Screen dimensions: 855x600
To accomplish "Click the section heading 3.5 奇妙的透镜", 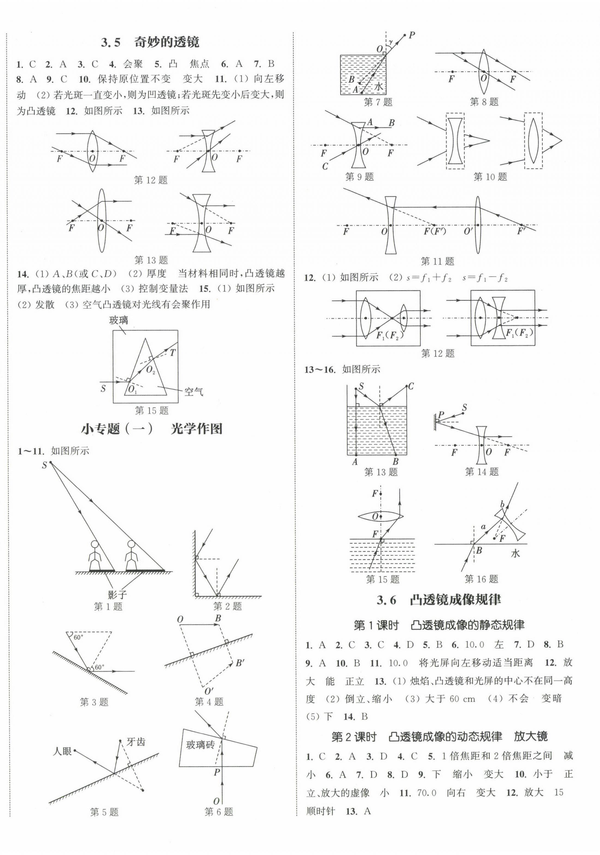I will (150, 42).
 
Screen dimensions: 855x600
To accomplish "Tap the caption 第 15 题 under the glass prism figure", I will (152, 410).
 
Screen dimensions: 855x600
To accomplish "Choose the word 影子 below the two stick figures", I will (116, 594).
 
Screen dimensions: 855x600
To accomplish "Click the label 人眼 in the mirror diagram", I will (62, 751).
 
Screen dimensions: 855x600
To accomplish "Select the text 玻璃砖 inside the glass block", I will (200, 745).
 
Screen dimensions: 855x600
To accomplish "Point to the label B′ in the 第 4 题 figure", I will (239, 663).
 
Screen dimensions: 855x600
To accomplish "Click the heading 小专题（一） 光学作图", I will (152, 429).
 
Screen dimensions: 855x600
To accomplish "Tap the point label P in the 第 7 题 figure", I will (412, 35).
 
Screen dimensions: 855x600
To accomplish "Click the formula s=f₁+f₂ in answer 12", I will (427, 278).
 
